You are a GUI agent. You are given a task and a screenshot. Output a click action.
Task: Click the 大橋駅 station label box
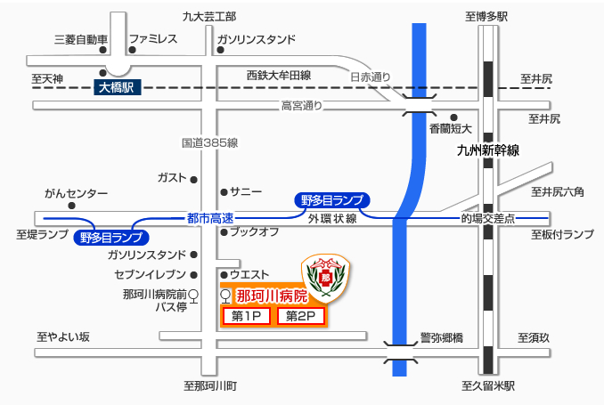tap(116, 87)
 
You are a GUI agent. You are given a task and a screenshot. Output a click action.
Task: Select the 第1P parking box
tap(245, 315)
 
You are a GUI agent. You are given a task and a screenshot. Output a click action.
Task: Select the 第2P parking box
tap(301, 315)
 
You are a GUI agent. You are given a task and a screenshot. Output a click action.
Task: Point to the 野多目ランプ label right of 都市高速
tap(331, 201)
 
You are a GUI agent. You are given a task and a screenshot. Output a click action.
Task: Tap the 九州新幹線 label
tap(487, 151)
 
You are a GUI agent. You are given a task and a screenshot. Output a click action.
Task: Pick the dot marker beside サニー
tap(223, 192)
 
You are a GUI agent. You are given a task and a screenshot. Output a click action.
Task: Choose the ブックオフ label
tap(255, 232)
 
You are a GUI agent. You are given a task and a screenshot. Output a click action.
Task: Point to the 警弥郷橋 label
tap(443, 337)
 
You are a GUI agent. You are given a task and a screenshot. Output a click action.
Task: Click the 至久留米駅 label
tap(488, 385)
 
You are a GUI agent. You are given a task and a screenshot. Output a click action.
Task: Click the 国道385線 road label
tap(208, 142)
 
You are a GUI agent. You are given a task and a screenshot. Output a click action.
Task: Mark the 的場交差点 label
tap(489, 218)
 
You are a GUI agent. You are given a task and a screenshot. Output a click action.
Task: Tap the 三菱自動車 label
tap(80, 39)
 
